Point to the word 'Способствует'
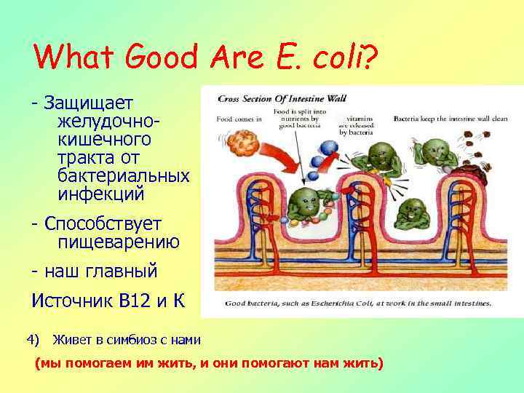(x=103, y=223)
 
